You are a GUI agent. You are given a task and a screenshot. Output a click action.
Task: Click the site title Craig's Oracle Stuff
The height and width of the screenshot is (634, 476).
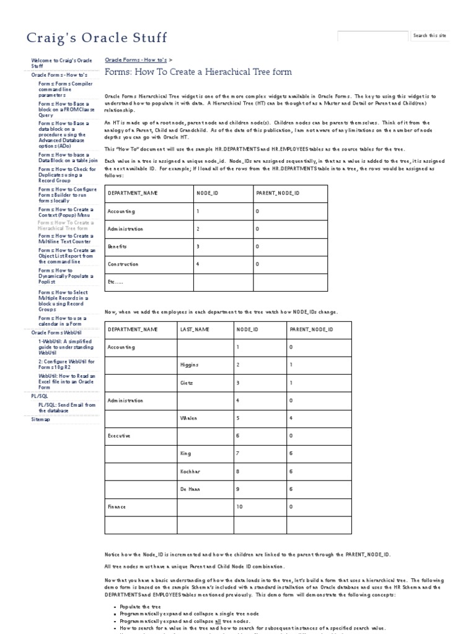[x=97, y=38]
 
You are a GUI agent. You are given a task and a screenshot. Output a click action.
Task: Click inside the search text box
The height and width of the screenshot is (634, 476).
[x=372, y=36]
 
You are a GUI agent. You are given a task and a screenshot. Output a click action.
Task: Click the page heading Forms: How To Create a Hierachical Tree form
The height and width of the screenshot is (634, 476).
[x=198, y=72]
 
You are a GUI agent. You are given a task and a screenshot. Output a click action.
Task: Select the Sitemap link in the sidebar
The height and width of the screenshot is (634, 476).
[x=41, y=419]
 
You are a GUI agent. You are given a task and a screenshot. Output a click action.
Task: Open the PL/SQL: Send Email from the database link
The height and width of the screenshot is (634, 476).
[x=66, y=407]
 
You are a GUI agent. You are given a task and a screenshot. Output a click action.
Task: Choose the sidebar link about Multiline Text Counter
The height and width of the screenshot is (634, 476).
[x=65, y=239]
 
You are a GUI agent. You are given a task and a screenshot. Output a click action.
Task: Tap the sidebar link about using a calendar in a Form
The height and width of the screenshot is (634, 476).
[x=62, y=321]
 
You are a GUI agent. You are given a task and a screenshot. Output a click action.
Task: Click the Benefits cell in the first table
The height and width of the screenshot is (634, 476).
[x=117, y=246]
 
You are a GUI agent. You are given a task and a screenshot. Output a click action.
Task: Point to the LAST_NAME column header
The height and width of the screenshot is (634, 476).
[x=195, y=330]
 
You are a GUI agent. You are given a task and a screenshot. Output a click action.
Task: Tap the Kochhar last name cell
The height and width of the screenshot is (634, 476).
[x=190, y=471]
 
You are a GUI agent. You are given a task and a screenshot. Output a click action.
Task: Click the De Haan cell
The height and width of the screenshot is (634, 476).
[x=190, y=489]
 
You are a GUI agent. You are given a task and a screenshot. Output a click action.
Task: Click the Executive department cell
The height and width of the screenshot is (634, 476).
[x=119, y=436]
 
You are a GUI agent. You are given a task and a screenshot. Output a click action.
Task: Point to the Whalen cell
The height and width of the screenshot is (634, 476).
[x=189, y=419]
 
